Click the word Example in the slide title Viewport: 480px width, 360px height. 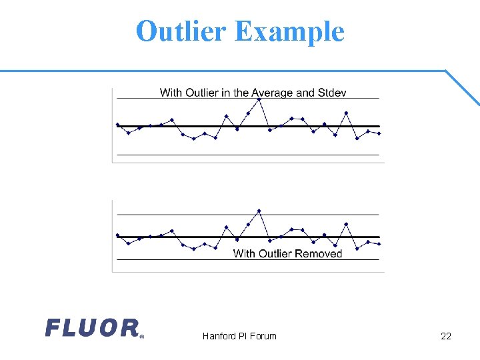pyautogui.click(x=289, y=31)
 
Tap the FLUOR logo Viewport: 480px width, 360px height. pyautogui.click(x=92, y=327)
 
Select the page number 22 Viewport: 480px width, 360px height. pyautogui.click(x=446, y=336)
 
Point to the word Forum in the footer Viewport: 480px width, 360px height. pyautogui.click(x=263, y=336)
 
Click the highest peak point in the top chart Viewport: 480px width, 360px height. pyautogui.click(x=259, y=99)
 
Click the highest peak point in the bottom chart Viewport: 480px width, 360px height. pyautogui.click(x=259, y=211)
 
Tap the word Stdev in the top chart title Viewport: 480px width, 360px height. pyautogui.click(x=331, y=93)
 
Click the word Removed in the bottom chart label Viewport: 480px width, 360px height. pyautogui.click(x=319, y=253)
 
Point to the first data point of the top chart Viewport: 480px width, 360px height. pyautogui.click(x=117, y=124)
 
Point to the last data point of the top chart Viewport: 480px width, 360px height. pyautogui.click(x=379, y=133)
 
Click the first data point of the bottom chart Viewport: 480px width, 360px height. pyautogui.click(x=117, y=235)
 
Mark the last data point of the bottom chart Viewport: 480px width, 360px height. pyautogui.click(x=379, y=244)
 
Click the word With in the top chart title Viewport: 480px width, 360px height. pyautogui.click(x=171, y=93)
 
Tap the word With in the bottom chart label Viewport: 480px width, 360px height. pyautogui.click(x=244, y=253)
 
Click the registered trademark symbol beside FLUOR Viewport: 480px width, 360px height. pyautogui.click(x=141, y=337)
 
